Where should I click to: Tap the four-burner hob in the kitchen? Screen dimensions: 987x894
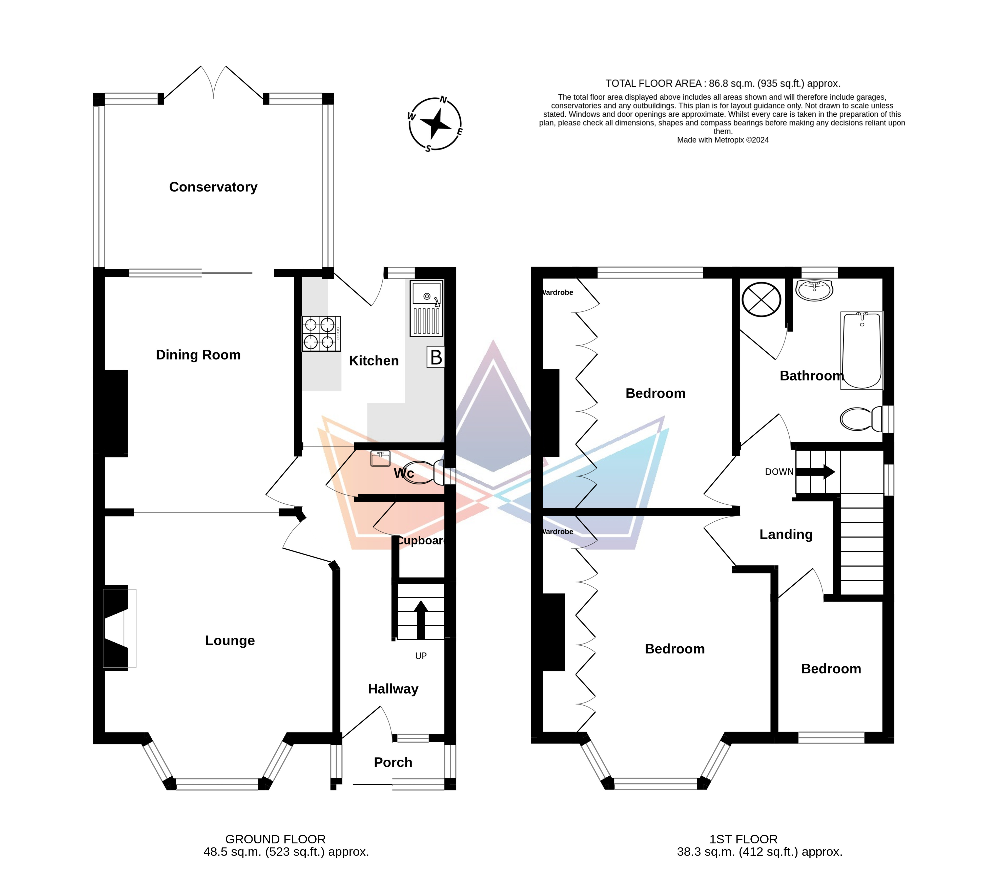[321, 334]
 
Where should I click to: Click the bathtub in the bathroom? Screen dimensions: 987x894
[862, 350]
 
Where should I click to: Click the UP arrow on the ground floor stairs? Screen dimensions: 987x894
[421, 620]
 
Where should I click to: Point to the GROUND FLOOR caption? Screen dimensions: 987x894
[276, 839]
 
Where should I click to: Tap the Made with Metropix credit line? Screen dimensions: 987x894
[723, 140]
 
